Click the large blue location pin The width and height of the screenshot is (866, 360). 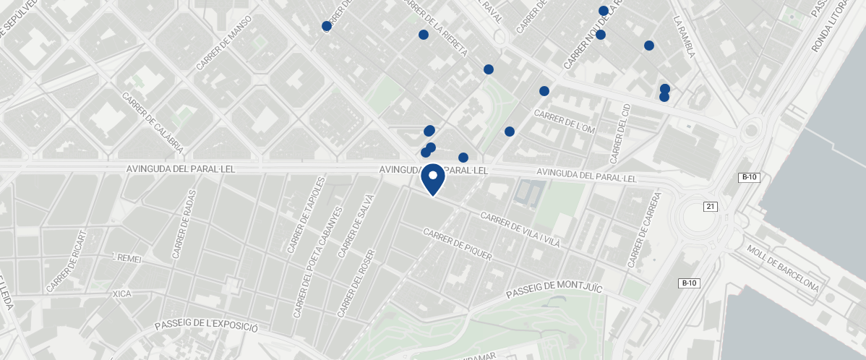(433, 178)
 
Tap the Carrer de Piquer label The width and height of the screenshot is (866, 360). (458, 244)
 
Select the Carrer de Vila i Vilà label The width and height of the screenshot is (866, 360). (520, 231)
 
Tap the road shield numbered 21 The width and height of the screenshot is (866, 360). (711, 207)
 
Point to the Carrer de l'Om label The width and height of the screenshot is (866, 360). (564, 121)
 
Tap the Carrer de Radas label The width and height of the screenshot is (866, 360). (184, 228)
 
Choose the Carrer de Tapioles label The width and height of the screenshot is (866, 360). (301, 225)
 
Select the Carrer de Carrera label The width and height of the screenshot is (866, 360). (645, 229)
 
